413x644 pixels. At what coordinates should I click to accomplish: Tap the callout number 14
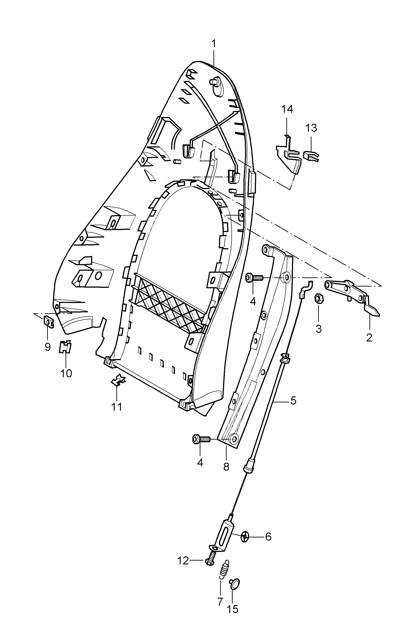(287, 109)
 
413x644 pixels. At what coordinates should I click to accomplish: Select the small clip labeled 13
(311, 156)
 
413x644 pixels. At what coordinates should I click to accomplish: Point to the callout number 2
(369, 338)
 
